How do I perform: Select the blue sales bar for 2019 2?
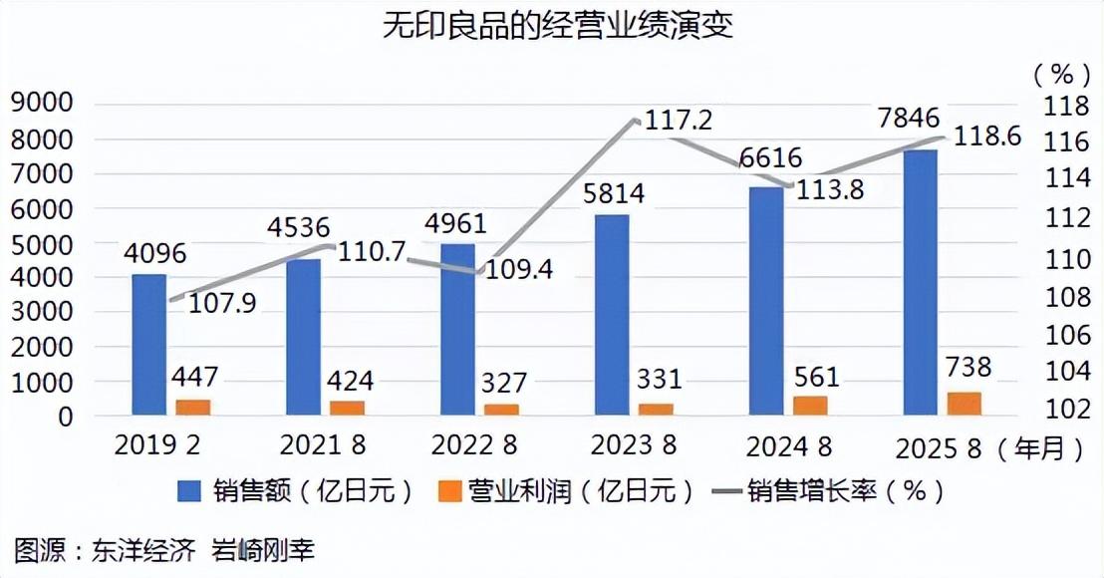[148, 344]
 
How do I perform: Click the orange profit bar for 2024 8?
[811, 405]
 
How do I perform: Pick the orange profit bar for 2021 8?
[348, 407]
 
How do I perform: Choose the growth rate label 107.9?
[216, 301]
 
